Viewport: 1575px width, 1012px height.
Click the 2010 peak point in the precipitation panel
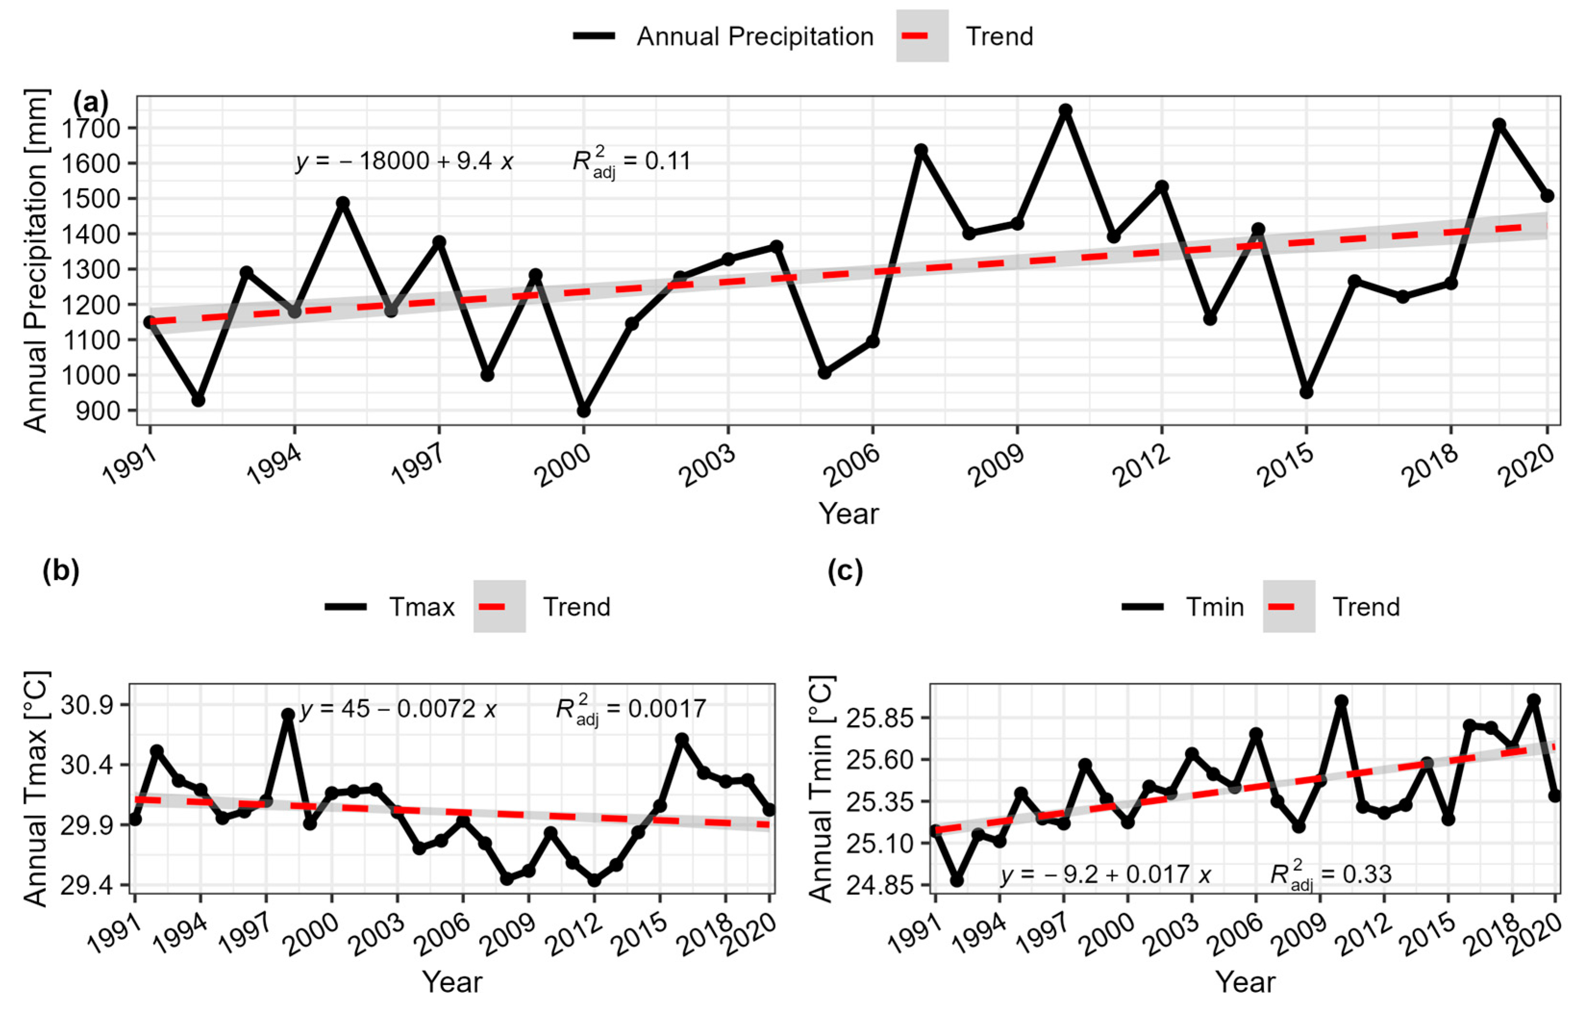(x=1065, y=111)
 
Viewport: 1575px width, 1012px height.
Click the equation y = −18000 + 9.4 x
(x=404, y=161)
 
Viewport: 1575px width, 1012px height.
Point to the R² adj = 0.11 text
(x=631, y=161)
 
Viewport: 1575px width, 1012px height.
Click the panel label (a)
(x=90, y=103)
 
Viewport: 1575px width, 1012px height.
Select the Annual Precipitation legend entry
(x=723, y=36)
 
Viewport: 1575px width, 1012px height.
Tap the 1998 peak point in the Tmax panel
(x=288, y=715)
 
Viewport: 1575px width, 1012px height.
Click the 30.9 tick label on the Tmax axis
(x=86, y=705)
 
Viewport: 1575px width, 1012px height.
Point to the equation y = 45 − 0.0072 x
(x=398, y=709)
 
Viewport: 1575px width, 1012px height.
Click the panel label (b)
(x=61, y=570)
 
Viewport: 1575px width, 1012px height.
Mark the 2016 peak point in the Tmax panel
(x=682, y=739)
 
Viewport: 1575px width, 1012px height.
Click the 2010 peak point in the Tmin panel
(x=1341, y=701)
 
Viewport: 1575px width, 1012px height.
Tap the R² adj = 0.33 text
(x=1330, y=874)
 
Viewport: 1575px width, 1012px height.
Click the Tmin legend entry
(x=1183, y=606)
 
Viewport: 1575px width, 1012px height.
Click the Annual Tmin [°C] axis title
(x=821, y=789)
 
